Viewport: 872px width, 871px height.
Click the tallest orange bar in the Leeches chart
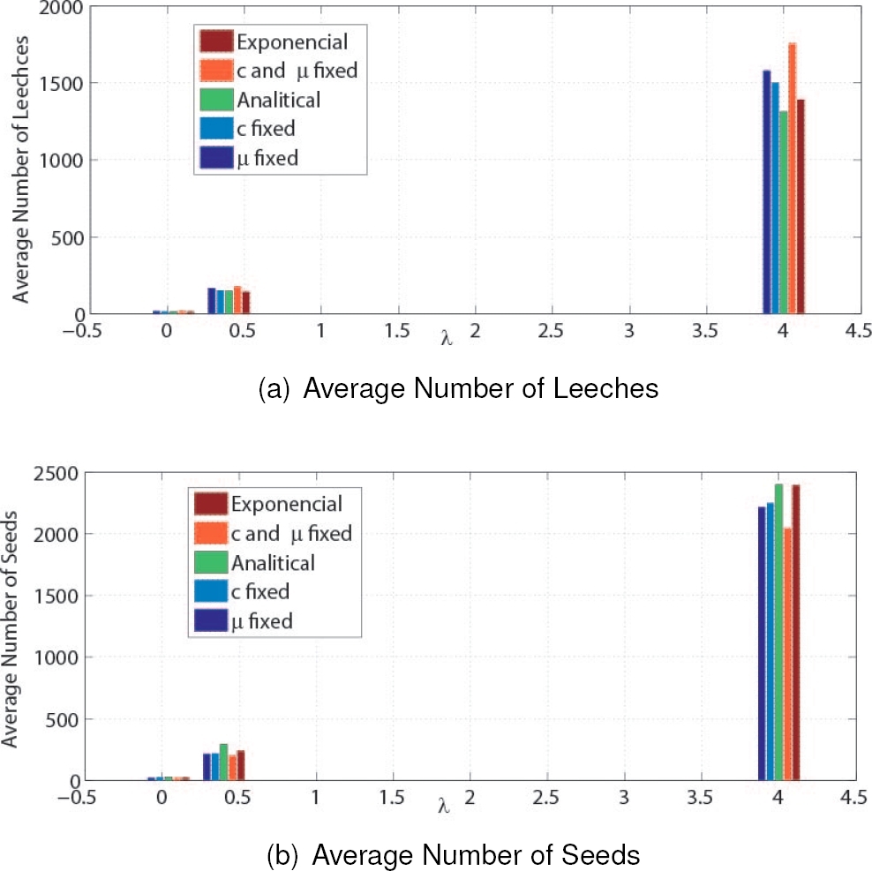pos(793,176)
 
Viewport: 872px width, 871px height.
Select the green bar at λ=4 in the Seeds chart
pos(778,631)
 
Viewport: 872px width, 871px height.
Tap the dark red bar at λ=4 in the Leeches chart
pos(801,207)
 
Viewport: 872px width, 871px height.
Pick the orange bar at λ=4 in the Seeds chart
pos(787,653)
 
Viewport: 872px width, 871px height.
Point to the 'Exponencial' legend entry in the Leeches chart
pos(291,41)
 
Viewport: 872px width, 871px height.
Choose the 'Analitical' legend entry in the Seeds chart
pos(273,562)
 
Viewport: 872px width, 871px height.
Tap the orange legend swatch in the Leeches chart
pos(216,71)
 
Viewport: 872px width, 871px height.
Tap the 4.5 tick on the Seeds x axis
pos(853,798)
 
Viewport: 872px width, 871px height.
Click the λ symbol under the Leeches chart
pos(447,339)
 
